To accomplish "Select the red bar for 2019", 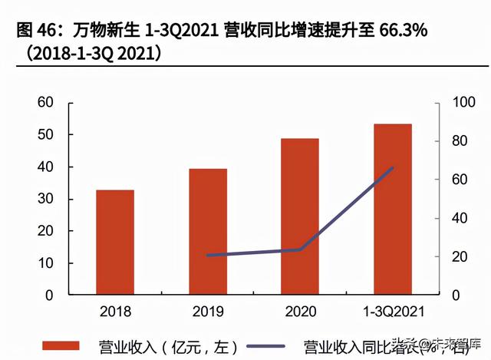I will click(208, 232).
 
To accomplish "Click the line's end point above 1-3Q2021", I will click(392, 167).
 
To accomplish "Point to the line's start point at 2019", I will click(208, 255).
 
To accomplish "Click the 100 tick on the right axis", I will click(457, 103).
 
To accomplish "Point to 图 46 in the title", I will click(35, 31).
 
